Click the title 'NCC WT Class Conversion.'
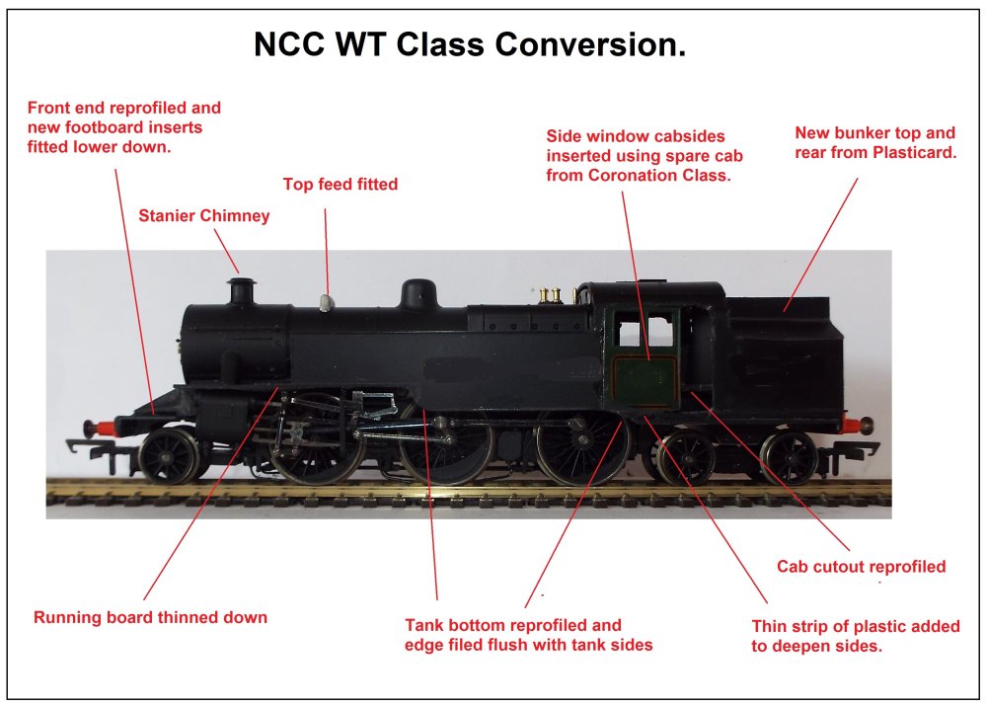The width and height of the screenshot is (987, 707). tap(470, 45)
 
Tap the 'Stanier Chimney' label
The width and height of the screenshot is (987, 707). tap(203, 215)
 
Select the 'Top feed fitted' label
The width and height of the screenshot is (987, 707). tap(340, 184)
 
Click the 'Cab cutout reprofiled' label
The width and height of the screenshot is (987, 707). tap(861, 567)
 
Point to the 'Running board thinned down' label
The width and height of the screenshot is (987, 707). tap(150, 618)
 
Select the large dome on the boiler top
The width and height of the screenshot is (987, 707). tap(418, 293)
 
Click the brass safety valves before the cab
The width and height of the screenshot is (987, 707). tap(550, 293)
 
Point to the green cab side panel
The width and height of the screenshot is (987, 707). tap(644, 355)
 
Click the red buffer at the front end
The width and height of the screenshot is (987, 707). tap(96, 428)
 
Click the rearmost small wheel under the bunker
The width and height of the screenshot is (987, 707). tap(789, 456)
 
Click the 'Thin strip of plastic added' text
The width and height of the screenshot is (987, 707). tap(855, 627)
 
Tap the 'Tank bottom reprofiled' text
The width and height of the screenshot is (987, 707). tap(513, 625)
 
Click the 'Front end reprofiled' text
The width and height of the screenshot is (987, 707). tap(124, 108)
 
